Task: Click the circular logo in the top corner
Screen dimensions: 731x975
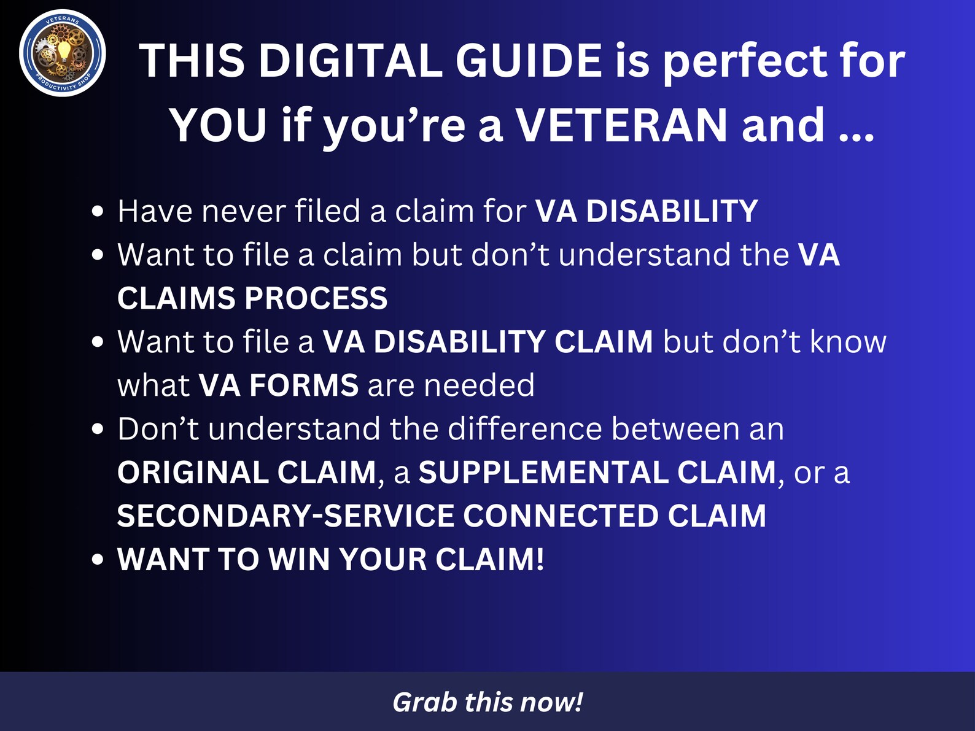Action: [63, 53]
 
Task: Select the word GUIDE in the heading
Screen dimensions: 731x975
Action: [529, 61]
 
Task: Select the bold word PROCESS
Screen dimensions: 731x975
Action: [316, 299]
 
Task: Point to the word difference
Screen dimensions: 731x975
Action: [525, 428]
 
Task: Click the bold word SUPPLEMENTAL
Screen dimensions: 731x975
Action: [543, 473]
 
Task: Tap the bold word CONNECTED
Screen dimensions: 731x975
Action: [561, 516]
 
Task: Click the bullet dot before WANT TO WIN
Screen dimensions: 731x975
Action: [97, 560]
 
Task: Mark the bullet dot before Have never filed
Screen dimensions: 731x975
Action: [97, 212]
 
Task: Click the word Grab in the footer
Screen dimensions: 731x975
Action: [425, 702]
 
